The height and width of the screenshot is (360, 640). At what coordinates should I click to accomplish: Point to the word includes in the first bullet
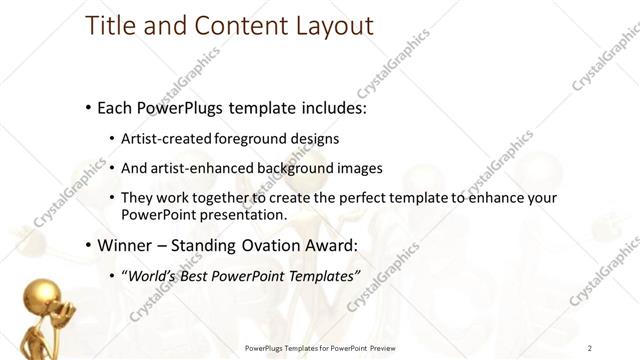pyautogui.click(x=324, y=106)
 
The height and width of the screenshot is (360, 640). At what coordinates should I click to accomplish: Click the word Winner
pyautogui.click(x=124, y=244)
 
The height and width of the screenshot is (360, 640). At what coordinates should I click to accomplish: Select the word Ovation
pyautogui.click(x=276, y=244)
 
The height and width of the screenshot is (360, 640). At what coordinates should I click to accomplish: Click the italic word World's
pyautogui.click(x=150, y=275)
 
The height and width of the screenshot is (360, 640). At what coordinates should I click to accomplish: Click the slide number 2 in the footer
pyautogui.click(x=590, y=348)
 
